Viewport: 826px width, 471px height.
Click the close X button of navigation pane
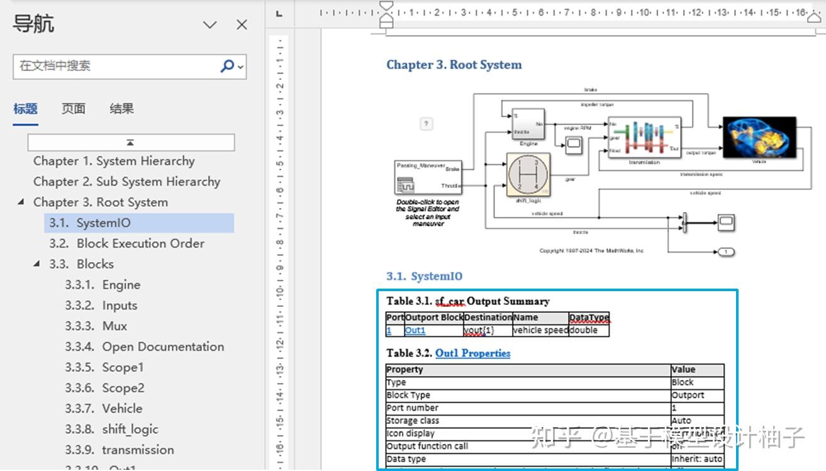242,25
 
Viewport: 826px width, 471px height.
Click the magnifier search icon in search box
227,65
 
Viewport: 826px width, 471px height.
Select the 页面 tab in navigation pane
73,109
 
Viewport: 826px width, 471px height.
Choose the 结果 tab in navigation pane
121,109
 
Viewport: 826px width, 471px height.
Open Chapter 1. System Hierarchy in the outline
114,161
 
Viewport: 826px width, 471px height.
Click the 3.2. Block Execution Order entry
126,243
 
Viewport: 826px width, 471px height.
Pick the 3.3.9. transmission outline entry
119,450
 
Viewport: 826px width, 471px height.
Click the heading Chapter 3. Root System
454,65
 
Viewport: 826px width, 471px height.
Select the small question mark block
427,124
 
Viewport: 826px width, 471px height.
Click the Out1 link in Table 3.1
415,330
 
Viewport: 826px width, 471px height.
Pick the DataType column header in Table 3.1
588,318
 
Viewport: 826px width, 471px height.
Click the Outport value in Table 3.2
688,395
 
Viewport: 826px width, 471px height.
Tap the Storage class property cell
413,421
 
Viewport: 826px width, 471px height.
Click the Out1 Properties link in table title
472,353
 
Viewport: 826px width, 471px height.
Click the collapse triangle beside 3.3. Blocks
37,264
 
